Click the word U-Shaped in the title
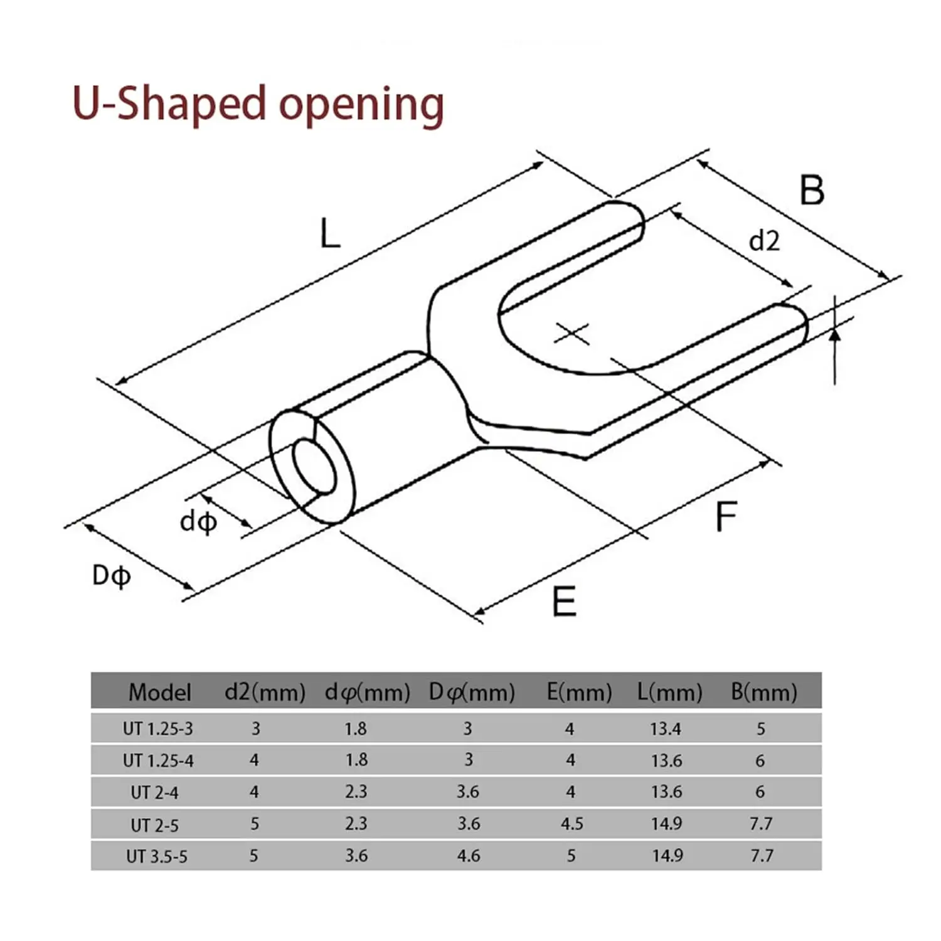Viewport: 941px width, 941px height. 169,104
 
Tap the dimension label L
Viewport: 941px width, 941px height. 330,234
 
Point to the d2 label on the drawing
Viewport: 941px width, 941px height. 764,241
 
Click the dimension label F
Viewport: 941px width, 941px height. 726,517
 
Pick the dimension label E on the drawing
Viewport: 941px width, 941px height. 564,602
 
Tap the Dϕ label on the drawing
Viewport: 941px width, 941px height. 111,575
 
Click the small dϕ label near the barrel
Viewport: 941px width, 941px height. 198,521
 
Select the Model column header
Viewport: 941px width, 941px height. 159,692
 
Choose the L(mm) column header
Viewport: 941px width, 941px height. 669,692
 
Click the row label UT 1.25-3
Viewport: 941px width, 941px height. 158,729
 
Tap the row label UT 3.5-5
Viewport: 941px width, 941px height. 156,856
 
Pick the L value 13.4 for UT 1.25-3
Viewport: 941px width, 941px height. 666,729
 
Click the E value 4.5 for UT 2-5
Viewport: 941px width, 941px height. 572,824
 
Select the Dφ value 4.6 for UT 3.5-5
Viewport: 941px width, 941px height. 469,856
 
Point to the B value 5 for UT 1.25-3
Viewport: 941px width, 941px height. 760,729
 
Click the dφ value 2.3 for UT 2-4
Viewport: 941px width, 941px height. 356,792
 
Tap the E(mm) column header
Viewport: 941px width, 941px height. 579,692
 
